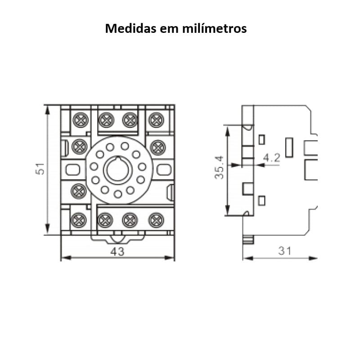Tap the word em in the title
click(170, 29)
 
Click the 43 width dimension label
click(117, 252)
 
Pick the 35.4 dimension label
click(219, 167)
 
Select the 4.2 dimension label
click(271, 158)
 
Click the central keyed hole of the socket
click(118, 170)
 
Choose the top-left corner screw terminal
click(80, 120)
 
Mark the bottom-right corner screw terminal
click(156, 220)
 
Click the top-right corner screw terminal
click(156, 120)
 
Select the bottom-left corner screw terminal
click(80, 220)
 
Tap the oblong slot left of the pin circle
click(72, 170)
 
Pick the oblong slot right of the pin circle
click(164, 170)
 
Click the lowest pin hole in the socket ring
click(118, 194)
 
